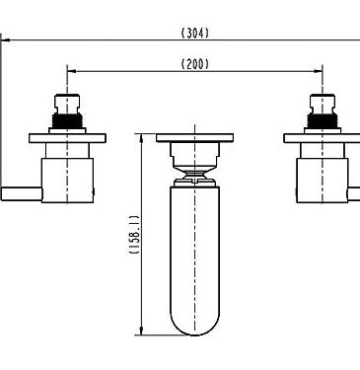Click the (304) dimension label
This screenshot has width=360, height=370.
[195, 33]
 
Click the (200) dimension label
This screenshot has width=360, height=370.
[195, 64]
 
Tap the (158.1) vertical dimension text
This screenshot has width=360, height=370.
[134, 235]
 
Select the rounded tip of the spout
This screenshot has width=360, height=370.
[194, 323]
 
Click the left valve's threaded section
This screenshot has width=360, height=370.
[67, 121]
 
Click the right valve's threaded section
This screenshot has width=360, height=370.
[323, 121]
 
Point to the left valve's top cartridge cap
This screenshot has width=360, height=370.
[67, 104]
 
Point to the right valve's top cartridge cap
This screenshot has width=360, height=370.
[323, 104]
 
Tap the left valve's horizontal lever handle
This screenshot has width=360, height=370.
[22, 193]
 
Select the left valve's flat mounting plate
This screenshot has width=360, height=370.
[67, 138]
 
